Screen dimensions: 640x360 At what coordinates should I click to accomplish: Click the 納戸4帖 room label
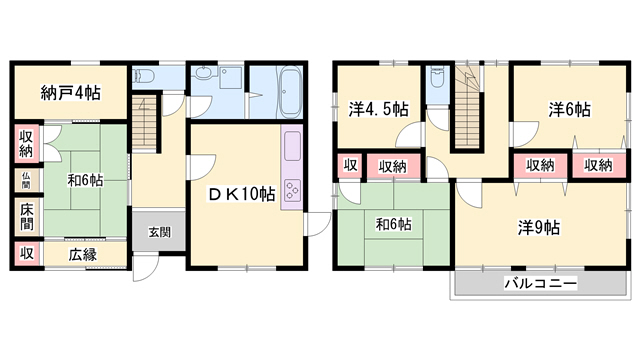click(71, 93)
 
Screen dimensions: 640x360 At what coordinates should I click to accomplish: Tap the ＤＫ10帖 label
click(241, 194)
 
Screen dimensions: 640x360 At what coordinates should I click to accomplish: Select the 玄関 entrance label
click(159, 232)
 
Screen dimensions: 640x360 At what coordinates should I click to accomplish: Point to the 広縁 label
click(82, 255)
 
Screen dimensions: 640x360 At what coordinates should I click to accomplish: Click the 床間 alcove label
click(27, 216)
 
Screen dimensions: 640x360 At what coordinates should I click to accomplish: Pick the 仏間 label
click(26, 180)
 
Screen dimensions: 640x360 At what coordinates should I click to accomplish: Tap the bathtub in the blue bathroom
click(289, 92)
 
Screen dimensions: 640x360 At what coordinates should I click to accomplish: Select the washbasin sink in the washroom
click(202, 73)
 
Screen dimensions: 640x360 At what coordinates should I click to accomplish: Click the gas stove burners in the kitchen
click(292, 191)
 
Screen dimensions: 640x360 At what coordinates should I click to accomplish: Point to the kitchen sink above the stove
click(292, 146)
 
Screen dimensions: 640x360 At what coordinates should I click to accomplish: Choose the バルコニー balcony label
click(541, 283)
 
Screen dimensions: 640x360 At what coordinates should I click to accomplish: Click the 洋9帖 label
click(539, 227)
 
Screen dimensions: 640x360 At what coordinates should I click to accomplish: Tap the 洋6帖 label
click(569, 109)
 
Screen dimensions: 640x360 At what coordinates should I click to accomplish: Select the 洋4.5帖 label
click(378, 109)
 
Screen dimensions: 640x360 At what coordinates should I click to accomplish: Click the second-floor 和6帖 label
click(393, 224)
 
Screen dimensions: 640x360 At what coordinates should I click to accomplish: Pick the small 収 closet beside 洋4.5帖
click(350, 165)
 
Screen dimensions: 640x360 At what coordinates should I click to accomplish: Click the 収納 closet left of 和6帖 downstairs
click(26, 144)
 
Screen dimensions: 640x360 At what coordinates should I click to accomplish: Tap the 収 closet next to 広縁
click(27, 253)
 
